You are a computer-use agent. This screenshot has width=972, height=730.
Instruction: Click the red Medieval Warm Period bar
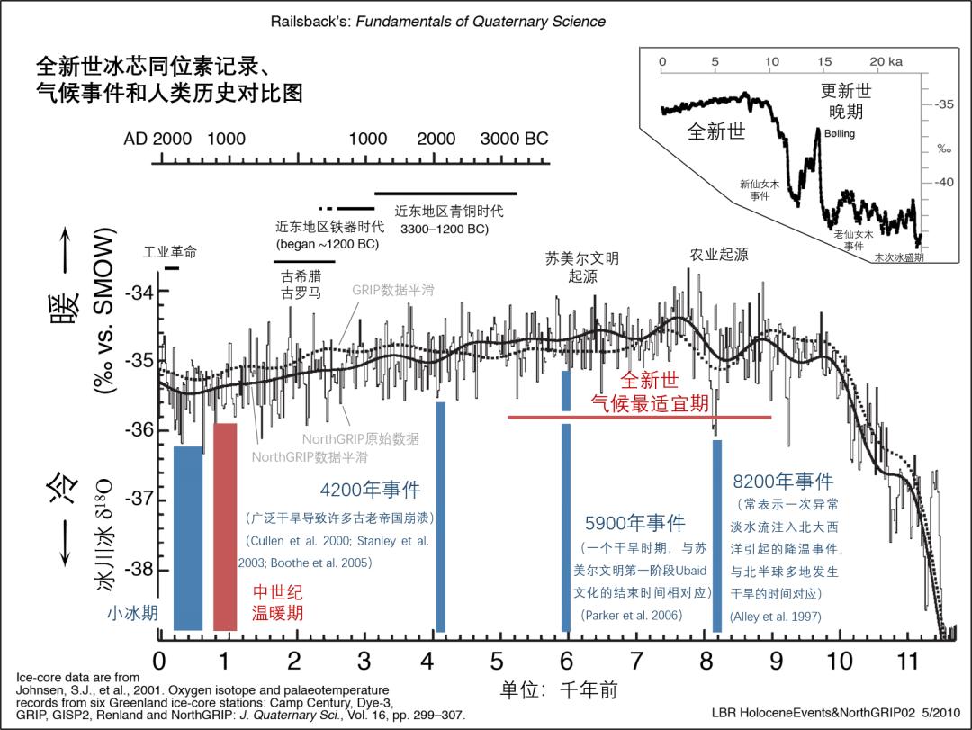(x=225, y=527)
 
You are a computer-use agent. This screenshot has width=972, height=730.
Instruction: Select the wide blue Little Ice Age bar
(x=188, y=538)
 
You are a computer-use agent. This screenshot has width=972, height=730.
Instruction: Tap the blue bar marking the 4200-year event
(x=441, y=518)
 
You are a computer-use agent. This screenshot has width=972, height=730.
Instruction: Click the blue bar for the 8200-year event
(x=717, y=536)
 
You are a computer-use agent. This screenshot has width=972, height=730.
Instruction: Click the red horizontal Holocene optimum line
(x=639, y=418)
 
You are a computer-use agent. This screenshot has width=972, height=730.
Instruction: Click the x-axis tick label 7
(x=636, y=662)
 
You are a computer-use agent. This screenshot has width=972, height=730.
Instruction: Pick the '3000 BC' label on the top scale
(x=514, y=140)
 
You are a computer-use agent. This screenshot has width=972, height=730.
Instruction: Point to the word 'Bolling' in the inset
(x=839, y=134)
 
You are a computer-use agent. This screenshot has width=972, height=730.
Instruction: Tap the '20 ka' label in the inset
(x=886, y=61)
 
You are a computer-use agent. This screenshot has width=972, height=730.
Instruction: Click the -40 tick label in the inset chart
(x=943, y=183)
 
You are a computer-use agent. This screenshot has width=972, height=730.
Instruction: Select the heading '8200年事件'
(x=782, y=482)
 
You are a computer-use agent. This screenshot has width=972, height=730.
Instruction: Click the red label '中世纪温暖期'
(x=276, y=603)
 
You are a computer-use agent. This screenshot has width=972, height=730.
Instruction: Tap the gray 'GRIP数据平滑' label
(x=392, y=291)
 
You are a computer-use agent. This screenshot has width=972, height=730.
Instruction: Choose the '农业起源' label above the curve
(x=718, y=255)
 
